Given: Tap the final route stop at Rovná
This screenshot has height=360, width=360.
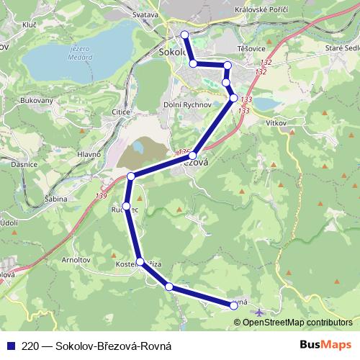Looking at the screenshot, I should click(x=234, y=306).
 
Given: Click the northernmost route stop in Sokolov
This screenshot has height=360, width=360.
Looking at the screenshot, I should click(x=185, y=35).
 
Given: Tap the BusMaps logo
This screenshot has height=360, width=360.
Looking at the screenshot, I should click(x=325, y=344).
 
